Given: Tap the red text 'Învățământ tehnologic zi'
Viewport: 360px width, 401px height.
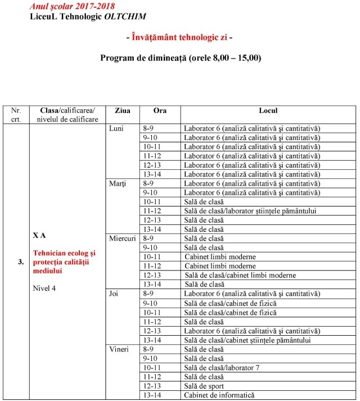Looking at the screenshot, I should [179, 38].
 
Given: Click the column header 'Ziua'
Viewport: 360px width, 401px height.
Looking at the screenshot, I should [122, 111].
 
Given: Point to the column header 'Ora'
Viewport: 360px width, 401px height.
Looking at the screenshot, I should [160, 111].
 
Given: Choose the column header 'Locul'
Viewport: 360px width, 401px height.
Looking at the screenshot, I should [268, 111].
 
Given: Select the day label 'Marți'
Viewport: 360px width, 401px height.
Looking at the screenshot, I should [117, 183].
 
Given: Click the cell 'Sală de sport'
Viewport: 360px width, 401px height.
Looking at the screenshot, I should [204, 386].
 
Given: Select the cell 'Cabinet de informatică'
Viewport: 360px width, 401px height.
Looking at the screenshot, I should [219, 395].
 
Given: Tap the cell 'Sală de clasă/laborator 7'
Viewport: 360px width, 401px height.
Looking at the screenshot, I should [222, 368].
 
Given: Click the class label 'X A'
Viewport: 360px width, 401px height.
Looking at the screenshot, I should [39, 235].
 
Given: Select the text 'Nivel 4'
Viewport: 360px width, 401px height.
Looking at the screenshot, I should [45, 289].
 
